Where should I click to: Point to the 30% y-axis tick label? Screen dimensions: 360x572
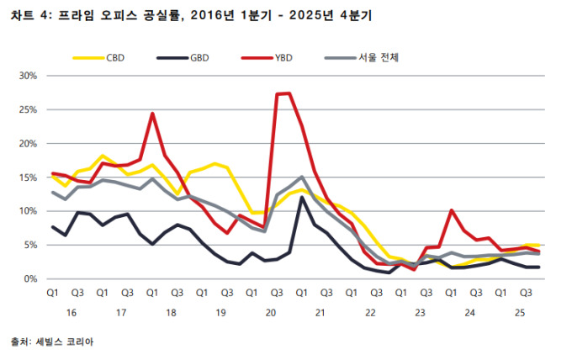point(29,76)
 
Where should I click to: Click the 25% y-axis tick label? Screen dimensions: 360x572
point(29,110)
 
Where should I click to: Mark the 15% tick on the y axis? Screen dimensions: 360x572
point(29,177)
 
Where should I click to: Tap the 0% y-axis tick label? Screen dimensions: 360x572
point(31,278)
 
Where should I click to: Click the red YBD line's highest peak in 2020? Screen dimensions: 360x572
point(289,93)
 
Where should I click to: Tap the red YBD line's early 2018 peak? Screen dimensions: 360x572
point(151,114)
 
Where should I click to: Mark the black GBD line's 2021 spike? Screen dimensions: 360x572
point(302,198)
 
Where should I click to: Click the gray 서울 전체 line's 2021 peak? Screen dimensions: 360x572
point(302,177)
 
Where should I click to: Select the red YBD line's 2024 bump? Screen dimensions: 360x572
point(452,210)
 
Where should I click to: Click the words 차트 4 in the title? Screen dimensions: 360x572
point(29,14)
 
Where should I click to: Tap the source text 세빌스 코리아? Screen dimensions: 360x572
point(58,342)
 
